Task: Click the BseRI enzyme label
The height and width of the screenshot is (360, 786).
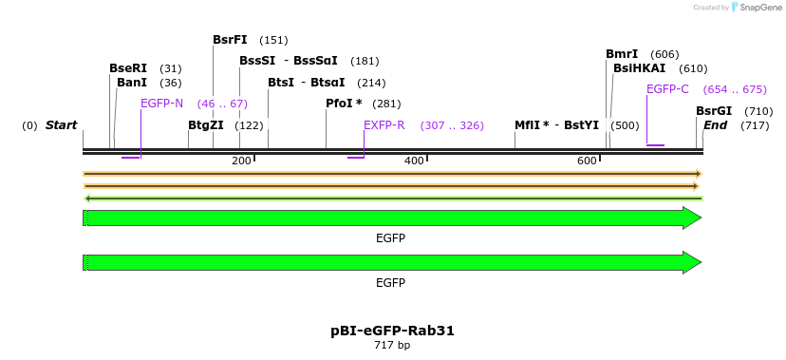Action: pos(128,68)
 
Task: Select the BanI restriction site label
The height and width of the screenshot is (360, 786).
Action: pos(132,83)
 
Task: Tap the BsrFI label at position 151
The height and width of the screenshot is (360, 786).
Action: pos(230,40)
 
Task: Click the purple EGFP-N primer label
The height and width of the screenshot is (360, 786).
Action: pos(161,104)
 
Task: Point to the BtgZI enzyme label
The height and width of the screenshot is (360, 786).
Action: pos(206,125)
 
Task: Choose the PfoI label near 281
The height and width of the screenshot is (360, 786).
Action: pos(344,104)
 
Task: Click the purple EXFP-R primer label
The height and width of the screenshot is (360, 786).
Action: pos(384,125)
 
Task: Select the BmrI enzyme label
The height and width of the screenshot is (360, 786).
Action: pos(622,54)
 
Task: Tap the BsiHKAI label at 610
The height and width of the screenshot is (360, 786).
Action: pos(639,68)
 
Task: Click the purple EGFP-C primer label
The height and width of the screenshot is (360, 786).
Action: pos(667,89)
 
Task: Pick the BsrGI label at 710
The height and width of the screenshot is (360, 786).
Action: pos(714,111)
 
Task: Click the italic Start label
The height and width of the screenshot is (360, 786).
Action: pos(61,125)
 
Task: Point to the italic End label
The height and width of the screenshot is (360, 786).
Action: pos(715,125)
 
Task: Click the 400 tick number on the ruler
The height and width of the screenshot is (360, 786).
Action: pos(414,161)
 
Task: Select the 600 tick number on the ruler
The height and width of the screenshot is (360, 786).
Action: pos(587,161)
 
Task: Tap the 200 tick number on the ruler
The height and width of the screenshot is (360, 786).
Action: pos(241,161)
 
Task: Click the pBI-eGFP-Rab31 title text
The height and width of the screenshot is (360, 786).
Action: pos(392,331)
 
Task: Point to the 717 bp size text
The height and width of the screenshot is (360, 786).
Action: pos(392,345)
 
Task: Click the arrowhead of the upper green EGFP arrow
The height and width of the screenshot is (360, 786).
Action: pos(692,218)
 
